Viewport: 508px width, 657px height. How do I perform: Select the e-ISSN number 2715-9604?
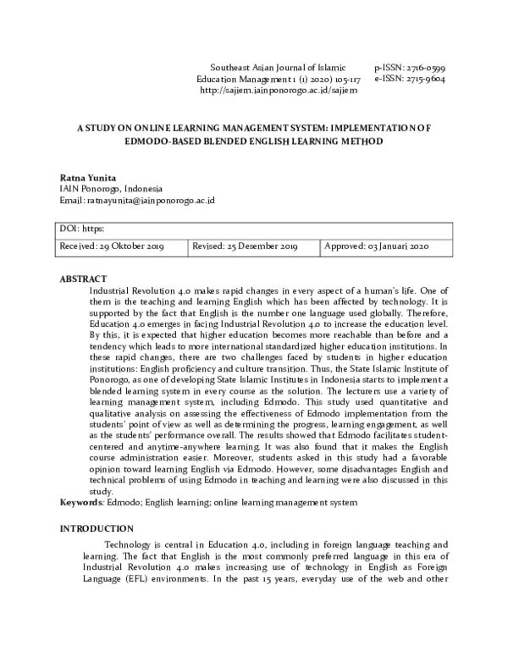(x=422, y=77)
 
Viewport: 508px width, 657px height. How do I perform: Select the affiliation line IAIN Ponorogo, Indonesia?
(x=111, y=189)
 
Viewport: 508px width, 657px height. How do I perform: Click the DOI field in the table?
(x=82, y=229)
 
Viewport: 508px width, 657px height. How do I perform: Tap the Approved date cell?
(x=378, y=246)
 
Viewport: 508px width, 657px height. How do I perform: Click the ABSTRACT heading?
(x=84, y=279)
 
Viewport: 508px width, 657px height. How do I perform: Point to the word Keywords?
(x=80, y=503)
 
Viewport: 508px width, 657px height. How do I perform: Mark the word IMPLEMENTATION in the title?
(x=374, y=129)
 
